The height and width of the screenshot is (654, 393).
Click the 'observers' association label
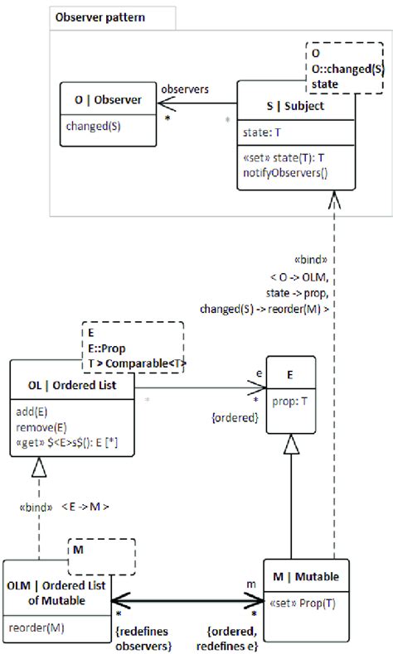click(184, 88)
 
